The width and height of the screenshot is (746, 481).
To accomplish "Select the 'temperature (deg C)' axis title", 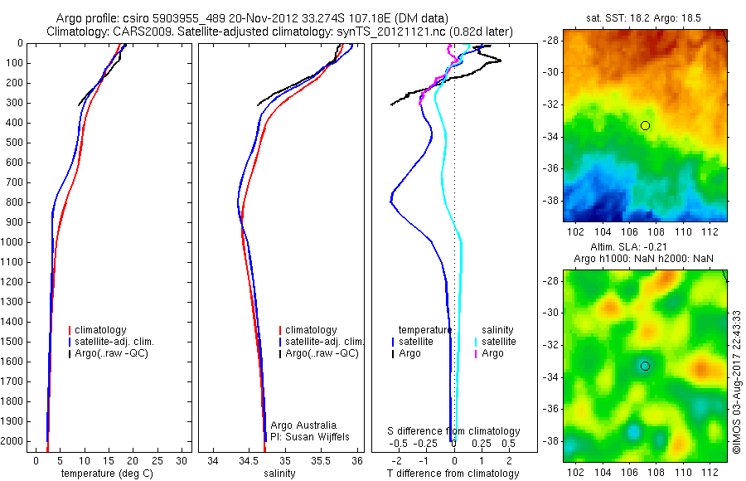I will click(x=108, y=474).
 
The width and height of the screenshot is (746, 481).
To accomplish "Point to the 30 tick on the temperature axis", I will click(x=182, y=459).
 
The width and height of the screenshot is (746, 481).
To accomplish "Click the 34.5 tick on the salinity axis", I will click(x=249, y=459).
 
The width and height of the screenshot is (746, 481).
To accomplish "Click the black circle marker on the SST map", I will click(x=645, y=125).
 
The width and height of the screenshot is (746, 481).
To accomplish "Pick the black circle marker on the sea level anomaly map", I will click(x=645, y=366).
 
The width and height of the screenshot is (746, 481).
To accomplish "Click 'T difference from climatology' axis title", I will click(x=453, y=474).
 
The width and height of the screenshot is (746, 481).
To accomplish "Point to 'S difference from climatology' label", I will click(x=453, y=431).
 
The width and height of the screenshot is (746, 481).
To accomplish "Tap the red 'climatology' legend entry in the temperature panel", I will click(x=100, y=330).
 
